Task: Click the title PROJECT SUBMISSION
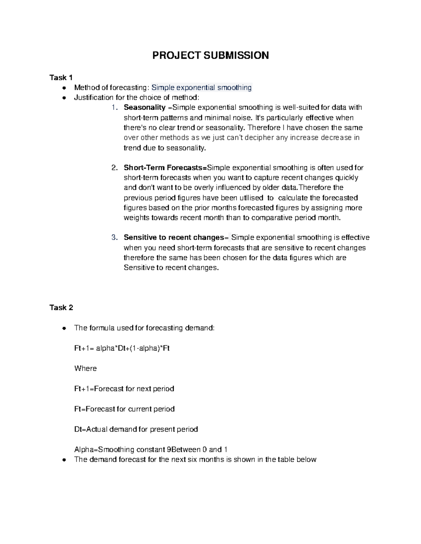click(210, 55)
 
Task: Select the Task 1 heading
click(61, 77)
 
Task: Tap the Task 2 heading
click(61, 308)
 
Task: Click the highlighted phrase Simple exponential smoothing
click(201, 88)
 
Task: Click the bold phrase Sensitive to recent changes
click(174, 237)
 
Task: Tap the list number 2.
click(114, 168)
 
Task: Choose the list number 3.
click(114, 237)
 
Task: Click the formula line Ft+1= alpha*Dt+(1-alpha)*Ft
click(122, 348)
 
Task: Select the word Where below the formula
click(85, 369)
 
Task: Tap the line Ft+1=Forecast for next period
click(124, 389)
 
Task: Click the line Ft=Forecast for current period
click(124, 409)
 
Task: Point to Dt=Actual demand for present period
click(136, 429)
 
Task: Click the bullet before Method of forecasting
click(64, 88)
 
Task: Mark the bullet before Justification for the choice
click(64, 98)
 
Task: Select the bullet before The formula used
click(64, 328)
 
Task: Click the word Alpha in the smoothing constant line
click(84, 449)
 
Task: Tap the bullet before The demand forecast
click(64, 460)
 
